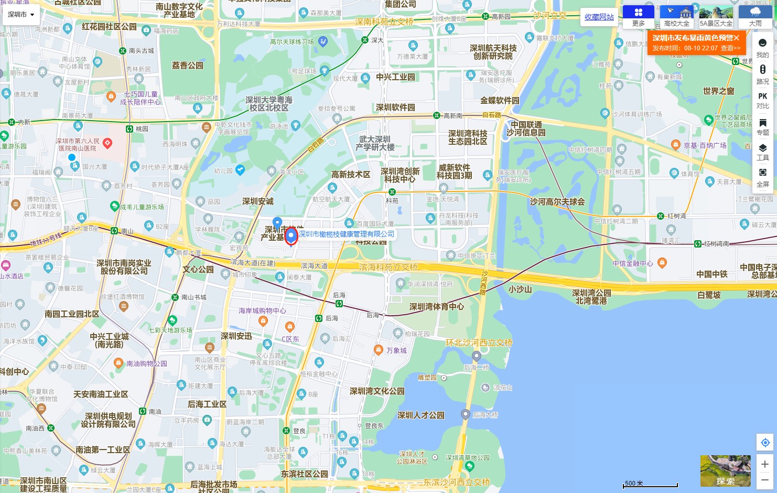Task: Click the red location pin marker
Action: click(x=291, y=236)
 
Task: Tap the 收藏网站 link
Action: click(x=599, y=17)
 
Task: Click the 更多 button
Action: click(x=638, y=17)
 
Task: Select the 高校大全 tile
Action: click(x=676, y=17)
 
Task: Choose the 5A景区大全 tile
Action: click(x=716, y=17)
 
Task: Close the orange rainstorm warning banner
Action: click(x=736, y=38)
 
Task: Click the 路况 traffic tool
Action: click(x=762, y=74)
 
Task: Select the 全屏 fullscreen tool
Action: click(x=762, y=177)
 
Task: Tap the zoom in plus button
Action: click(x=765, y=464)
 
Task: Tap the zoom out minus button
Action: click(x=765, y=479)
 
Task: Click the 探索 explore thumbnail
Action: click(x=725, y=471)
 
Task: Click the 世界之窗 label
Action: click(x=718, y=91)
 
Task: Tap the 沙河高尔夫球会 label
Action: click(x=557, y=202)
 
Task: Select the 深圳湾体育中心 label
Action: click(x=436, y=307)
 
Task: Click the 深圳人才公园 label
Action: click(x=420, y=415)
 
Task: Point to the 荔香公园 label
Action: click(x=187, y=66)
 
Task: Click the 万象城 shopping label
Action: click(x=396, y=350)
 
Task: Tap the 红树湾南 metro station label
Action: click(x=716, y=244)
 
